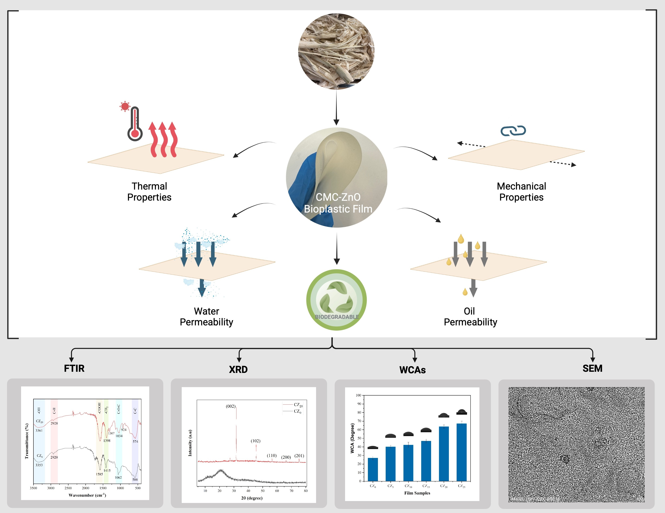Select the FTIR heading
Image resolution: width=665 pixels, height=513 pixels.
(x=74, y=368)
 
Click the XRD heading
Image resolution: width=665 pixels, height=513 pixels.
(x=238, y=370)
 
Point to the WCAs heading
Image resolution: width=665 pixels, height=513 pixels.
(x=412, y=370)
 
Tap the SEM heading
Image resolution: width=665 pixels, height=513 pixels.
(x=592, y=368)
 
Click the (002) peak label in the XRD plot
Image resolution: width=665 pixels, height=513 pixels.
(x=230, y=406)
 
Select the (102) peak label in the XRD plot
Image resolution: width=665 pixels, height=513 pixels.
(x=256, y=441)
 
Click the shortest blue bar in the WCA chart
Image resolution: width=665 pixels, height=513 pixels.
(x=373, y=470)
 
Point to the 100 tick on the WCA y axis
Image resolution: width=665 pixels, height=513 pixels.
(x=358, y=395)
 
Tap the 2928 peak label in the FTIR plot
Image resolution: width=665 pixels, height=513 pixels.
(x=54, y=423)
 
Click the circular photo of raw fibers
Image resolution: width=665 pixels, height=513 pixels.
(x=336, y=51)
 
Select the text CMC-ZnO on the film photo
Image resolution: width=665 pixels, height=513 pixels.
(x=338, y=197)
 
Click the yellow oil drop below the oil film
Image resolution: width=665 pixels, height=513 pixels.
(x=465, y=292)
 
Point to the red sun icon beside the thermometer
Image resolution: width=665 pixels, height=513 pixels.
(x=124, y=106)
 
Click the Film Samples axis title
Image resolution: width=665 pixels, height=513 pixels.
(x=417, y=493)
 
